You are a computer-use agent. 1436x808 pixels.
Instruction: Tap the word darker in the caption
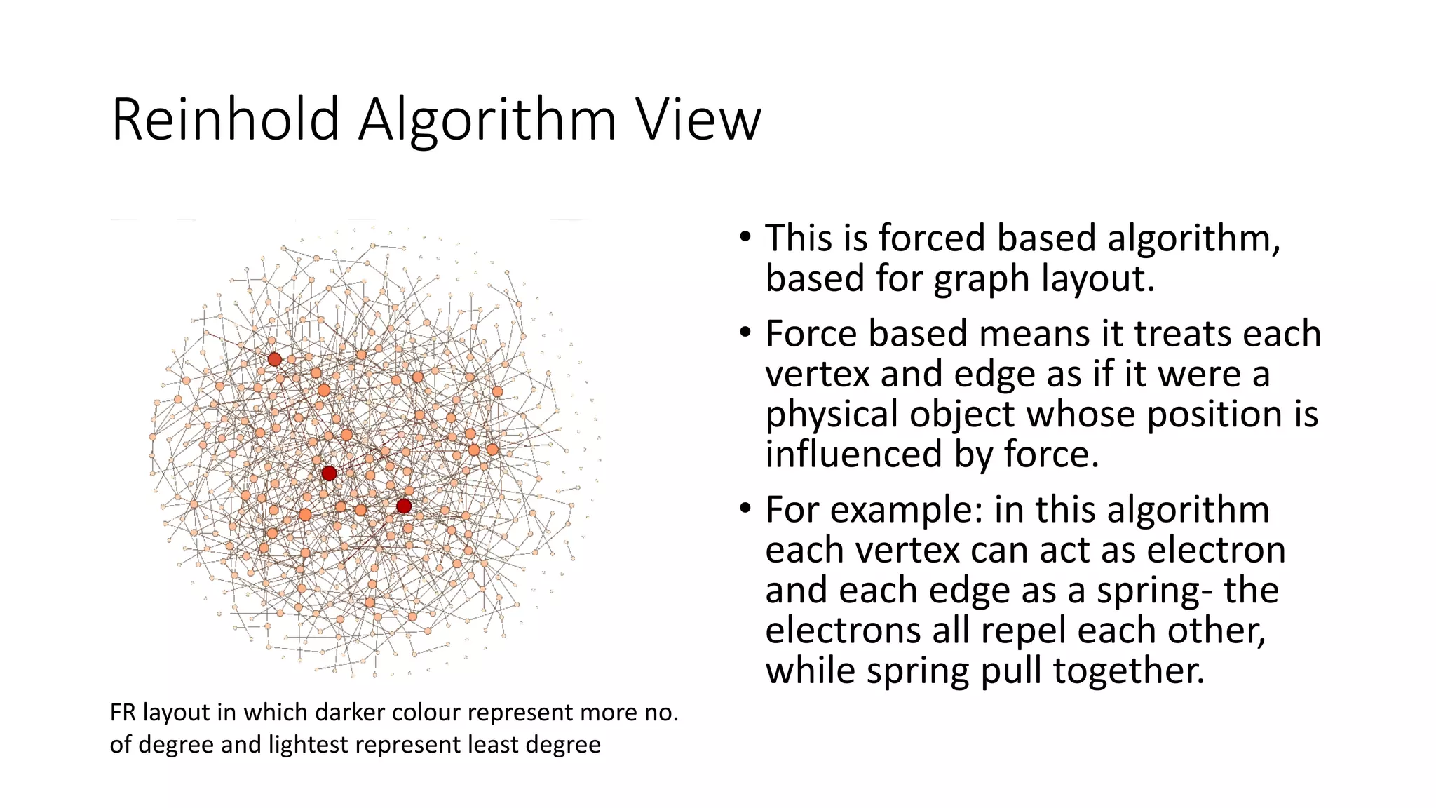(350, 713)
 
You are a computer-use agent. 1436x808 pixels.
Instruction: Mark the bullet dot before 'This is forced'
(745, 236)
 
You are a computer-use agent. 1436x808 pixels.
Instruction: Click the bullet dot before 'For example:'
(745, 508)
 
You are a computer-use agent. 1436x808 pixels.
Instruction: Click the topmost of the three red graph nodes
(275, 359)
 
